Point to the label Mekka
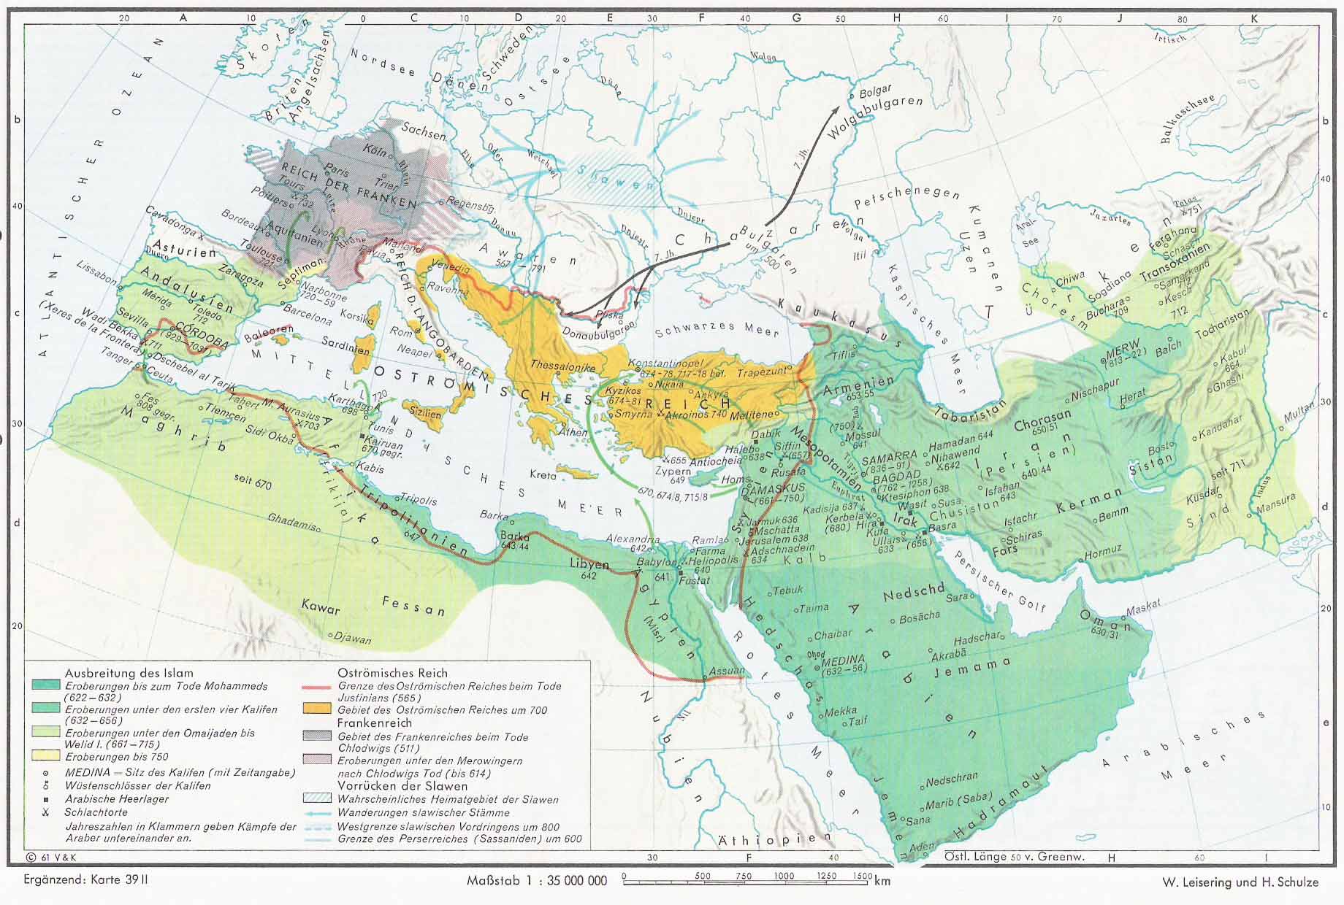point(840,711)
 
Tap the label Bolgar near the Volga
point(875,91)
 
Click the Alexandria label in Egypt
point(633,539)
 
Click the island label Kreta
point(543,475)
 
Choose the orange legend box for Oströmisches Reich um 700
point(317,709)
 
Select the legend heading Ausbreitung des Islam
point(129,673)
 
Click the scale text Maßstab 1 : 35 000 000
point(537,880)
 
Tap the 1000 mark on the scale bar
point(784,877)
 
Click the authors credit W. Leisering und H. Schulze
point(1240,882)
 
